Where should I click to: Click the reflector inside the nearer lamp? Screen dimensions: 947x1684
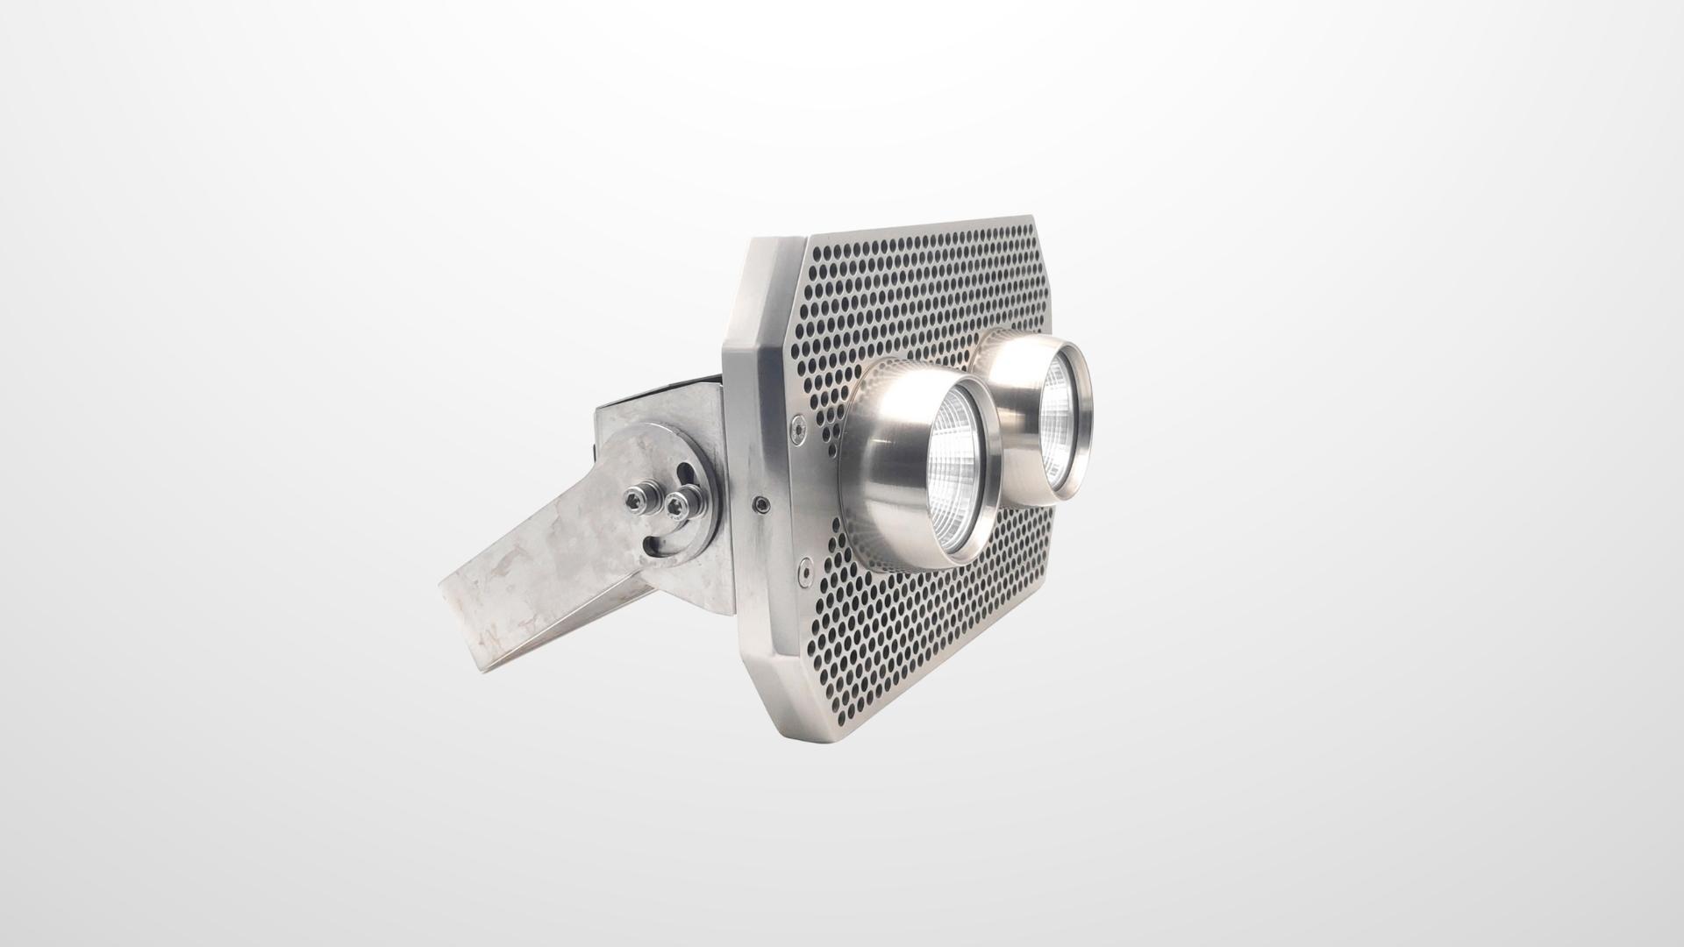coord(959,473)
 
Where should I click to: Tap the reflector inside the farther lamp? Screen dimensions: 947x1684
coord(1059,415)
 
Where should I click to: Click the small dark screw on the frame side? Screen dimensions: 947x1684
coord(760,504)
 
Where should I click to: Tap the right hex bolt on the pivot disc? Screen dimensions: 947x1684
coord(676,503)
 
